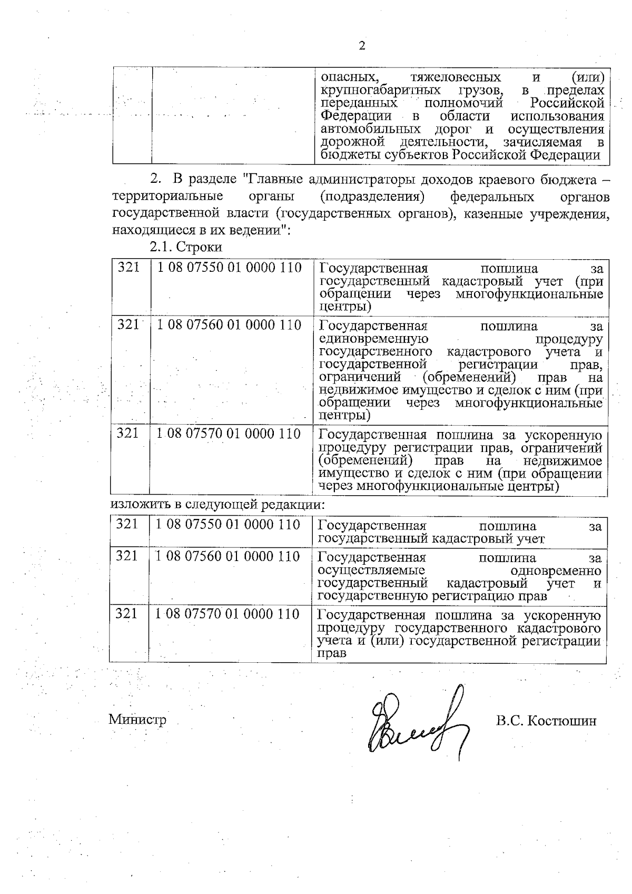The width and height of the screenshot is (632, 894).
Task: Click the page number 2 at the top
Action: (361, 46)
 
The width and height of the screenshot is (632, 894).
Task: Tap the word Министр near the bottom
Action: (137, 720)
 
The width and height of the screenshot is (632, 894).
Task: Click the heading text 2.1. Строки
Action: (186, 247)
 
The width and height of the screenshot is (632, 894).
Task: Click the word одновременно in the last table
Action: (556, 571)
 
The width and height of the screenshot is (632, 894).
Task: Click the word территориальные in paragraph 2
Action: (167, 197)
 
